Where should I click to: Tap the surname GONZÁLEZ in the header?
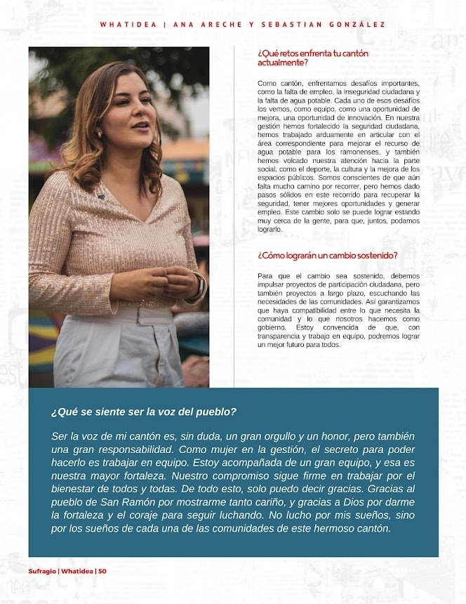pyautogui.click(x=356, y=25)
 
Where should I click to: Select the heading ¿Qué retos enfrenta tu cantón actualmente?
pyautogui.click(x=312, y=58)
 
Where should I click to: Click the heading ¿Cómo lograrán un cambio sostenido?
pyautogui.click(x=328, y=255)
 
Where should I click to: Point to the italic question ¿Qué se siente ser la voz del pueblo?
pyautogui.click(x=143, y=412)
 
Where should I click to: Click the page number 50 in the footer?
pyautogui.click(x=102, y=571)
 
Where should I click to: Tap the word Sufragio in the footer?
pyautogui.click(x=42, y=571)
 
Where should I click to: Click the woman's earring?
pyautogui.click(x=99, y=133)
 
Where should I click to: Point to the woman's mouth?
pyautogui.click(x=140, y=126)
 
